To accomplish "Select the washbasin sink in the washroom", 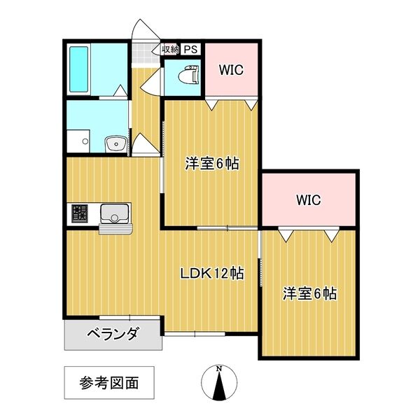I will coord(115,144).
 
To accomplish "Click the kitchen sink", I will coord(113,212).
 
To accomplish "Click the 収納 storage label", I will coord(170,49).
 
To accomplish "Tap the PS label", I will coord(191,49).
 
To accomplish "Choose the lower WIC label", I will coord(307,200).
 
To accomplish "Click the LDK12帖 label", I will coord(212,274).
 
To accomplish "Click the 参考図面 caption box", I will coord(108,383).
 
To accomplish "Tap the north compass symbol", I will coord(219,385).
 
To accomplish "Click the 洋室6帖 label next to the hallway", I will coord(211,164).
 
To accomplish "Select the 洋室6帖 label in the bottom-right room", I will coord(309,293).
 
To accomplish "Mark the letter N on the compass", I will coord(219,369).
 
